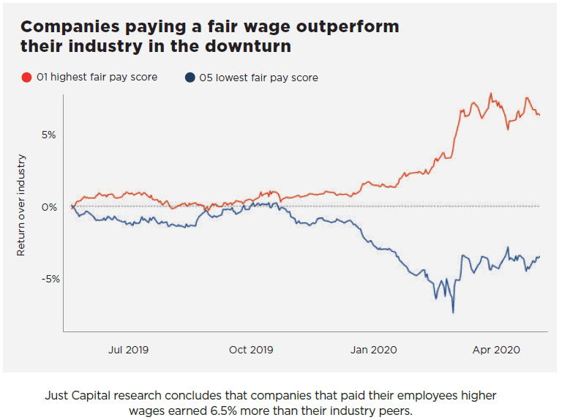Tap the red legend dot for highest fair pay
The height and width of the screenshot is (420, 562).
click(x=26, y=77)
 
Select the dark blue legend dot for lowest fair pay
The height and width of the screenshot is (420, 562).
click(x=190, y=77)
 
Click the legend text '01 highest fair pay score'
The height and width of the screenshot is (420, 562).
click(x=97, y=77)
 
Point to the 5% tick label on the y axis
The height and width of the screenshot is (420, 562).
click(x=48, y=135)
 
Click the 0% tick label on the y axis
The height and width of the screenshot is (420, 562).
click(x=48, y=206)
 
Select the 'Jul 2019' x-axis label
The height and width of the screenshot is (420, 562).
click(x=128, y=350)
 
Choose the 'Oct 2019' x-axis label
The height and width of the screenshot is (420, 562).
click(x=250, y=350)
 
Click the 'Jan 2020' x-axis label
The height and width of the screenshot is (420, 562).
click(x=373, y=350)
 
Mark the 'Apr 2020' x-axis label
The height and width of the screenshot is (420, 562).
click(x=496, y=350)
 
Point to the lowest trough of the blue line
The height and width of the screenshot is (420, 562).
click(x=453, y=312)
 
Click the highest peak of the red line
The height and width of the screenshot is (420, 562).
click(x=490, y=94)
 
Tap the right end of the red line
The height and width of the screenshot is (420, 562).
click(x=539, y=115)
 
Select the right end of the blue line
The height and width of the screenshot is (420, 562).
click(x=539, y=256)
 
